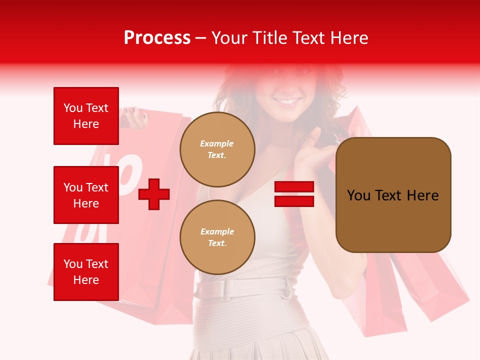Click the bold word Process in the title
pos(157,38)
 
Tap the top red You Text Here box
pos(86,116)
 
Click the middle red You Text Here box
pos(86,195)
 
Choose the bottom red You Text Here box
pos(86,272)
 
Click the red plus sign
pos(154,194)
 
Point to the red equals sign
pos(294,194)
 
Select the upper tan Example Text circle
pos(217,149)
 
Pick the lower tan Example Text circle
pos(217,237)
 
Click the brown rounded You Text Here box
pos(393,195)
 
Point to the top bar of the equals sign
pos(294,186)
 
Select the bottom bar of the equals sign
pos(294,201)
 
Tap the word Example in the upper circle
pos(217,143)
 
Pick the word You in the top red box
pos(73,108)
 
